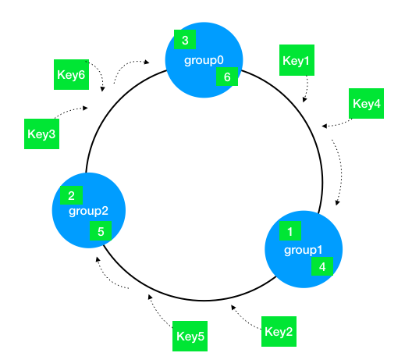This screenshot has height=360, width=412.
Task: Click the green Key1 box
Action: (x=297, y=60)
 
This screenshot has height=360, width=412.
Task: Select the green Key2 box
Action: (x=279, y=331)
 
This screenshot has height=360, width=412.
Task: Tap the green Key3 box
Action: (x=41, y=134)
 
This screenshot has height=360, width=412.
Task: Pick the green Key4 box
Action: (x=366, y=103)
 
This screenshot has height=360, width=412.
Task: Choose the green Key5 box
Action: (x=190, y=336)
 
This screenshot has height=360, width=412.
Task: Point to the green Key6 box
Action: (x=71, y=74)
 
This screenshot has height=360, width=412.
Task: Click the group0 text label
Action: (x=204, y=60)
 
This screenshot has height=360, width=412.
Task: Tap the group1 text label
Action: (x=304, y=250)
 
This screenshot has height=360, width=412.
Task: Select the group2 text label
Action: (x=88, y=211)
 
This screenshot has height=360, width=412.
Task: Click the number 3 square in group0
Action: (x=185, y=40)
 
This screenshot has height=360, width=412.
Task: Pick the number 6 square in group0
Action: (x=227, y=77)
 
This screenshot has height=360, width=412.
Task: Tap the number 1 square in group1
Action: (x=290, y=231)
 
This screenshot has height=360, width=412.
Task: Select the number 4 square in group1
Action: (x=322, y=266)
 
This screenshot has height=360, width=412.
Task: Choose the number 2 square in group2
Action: (x=71, y=195)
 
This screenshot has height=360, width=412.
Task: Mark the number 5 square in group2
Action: (x=101, y=230)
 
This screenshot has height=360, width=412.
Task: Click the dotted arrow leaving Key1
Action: (x=307, y=89)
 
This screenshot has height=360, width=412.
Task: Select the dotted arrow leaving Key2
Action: (x=244, y=319)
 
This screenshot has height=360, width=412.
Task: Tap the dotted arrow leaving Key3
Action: (x=70, y=111)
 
